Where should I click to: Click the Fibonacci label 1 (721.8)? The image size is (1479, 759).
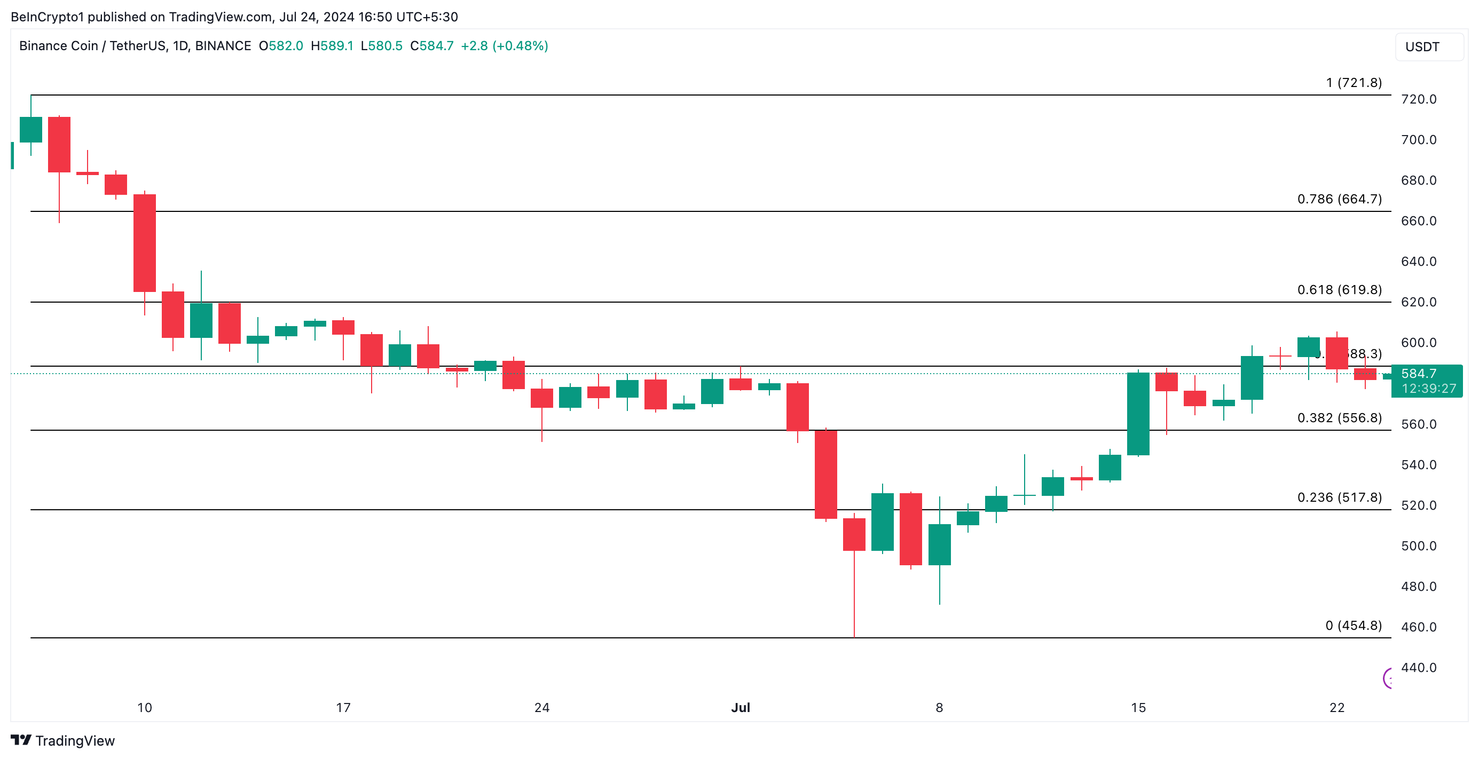[x=1354, y=83]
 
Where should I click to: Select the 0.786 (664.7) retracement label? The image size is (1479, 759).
[x=1339, y=199]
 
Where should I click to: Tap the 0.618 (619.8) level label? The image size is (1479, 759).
[x=1339, y=289]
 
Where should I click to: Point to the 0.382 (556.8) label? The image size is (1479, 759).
[x=1339, y=417]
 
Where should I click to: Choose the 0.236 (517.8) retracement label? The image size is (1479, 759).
[x=1339, y=497]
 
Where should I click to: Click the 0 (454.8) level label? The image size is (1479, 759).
[x=1354, y=625]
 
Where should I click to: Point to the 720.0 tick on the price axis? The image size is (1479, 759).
[x=1418, y=99]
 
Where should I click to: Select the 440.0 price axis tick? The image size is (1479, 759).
[x=1418, y=667]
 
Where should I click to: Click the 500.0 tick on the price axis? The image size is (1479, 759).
[x=1418, y=545]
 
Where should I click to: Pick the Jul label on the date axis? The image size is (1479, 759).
[x=740, y=707]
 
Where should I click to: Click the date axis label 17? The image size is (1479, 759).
[x=343, y=707]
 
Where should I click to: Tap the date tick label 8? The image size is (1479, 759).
[x=939, y=707]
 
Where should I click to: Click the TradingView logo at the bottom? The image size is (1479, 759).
[x=63, y=741]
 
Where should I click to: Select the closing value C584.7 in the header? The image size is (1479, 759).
[x=432, y=46]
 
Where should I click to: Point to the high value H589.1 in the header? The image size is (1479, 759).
[x=332, y=46]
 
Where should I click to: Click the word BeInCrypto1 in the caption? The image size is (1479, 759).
[x=47, y=17]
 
